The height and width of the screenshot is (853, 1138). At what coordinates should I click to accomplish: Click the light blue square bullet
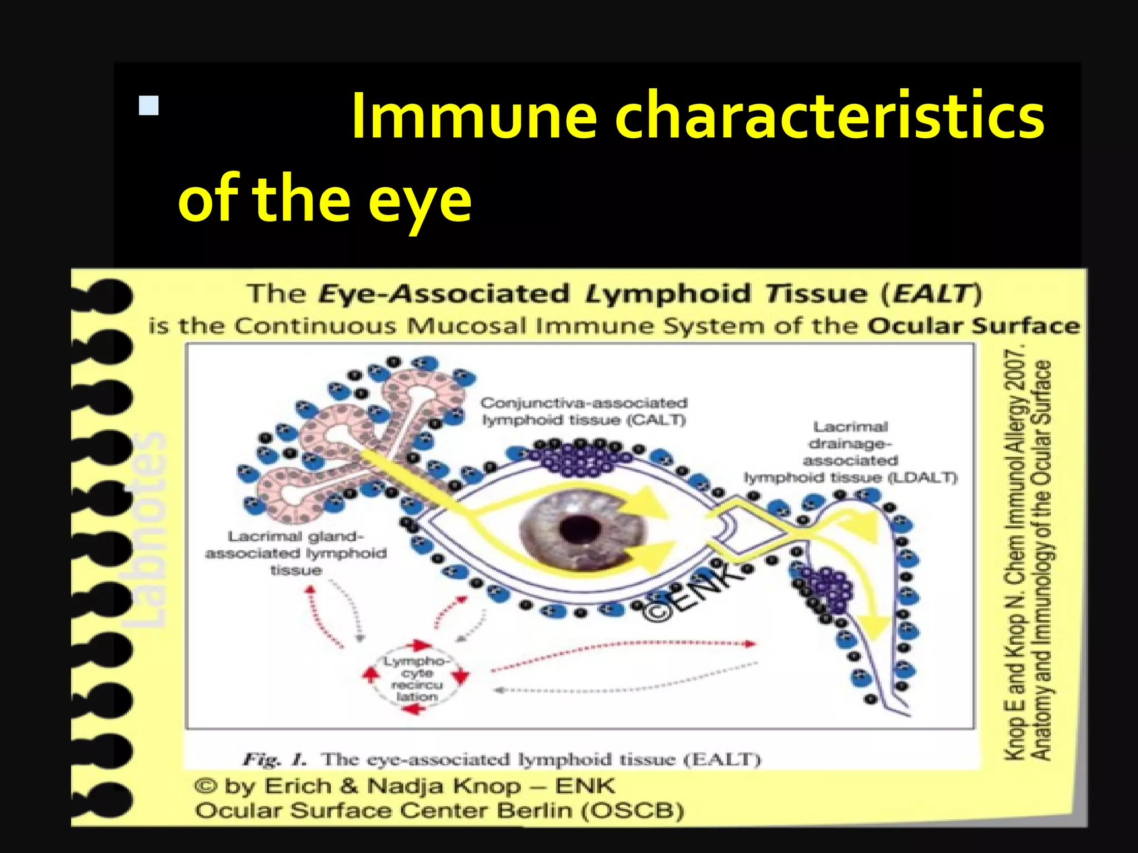click(x=149, y=106)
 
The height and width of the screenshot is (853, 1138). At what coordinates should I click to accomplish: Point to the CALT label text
click(x=583, y=412)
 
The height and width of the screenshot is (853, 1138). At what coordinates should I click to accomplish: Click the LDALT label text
click(x=850, y=452)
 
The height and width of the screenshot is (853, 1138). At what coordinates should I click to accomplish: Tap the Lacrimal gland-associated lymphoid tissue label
click(x=296, y=553)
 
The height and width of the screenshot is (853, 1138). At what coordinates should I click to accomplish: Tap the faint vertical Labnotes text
click(x=146, y=530)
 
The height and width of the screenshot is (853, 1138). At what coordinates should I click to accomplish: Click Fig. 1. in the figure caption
click(x=274, y=759)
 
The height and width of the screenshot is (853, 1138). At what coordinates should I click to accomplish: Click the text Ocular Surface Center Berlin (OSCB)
click(x=439, y=810)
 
